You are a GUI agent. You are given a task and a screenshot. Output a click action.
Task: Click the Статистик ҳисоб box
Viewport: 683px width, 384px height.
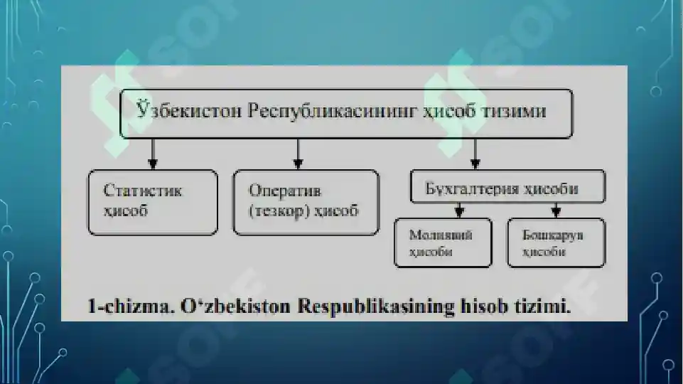pos(153,203)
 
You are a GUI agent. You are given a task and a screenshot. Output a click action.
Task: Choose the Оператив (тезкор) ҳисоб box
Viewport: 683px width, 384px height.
pos(306,203)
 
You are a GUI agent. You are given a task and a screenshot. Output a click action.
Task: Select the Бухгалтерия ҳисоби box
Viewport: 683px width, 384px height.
pos(508,186)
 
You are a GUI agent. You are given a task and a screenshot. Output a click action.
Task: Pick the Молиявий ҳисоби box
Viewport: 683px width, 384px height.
pos(443,242)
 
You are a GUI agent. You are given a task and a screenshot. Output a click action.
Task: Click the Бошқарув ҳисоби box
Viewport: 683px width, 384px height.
pos(556,242)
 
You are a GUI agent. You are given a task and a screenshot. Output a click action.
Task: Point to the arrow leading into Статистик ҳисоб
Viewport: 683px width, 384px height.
pos(153,154)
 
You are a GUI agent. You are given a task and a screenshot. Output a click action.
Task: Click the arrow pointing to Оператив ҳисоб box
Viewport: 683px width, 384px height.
pos(298,154)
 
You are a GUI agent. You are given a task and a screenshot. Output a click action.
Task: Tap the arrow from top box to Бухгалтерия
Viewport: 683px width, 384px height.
pos(475,154)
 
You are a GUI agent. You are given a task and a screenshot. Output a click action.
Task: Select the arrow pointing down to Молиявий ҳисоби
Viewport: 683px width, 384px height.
pos(459,210)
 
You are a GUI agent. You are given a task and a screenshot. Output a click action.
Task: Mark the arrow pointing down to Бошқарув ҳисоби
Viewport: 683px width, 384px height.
pos(556,210)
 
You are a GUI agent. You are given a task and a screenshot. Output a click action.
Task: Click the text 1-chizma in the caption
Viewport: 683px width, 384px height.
pos(129,306)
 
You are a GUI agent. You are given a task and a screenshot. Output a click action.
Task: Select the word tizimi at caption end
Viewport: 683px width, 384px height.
pos(542,306)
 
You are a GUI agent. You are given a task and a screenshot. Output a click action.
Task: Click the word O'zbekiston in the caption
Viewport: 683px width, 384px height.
pos(235,306)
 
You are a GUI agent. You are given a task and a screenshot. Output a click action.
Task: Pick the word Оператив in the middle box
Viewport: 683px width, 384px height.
pos(285,191)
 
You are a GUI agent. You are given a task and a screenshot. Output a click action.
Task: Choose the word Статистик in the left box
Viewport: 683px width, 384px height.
pos(142,191)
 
